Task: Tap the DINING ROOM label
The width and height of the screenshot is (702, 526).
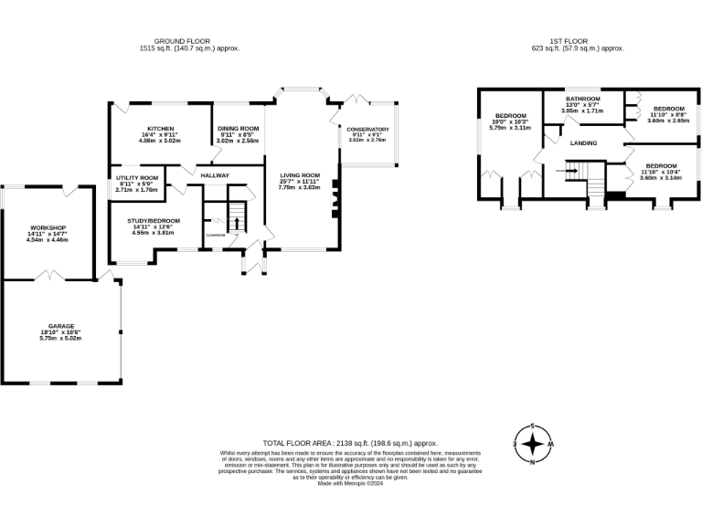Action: point(238,129)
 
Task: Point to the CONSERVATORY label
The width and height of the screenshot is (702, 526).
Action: point(367,130)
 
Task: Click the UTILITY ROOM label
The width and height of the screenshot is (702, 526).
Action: point(138,177)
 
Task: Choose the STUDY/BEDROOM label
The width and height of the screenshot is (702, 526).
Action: point(154,220)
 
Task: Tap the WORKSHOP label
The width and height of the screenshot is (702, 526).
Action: point(47,227)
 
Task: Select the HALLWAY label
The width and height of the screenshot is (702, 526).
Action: point(215,175)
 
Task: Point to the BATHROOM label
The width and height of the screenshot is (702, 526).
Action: point(582,98)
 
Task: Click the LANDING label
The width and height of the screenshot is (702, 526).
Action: point(584,143)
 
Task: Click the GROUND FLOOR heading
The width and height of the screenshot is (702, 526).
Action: point(182,41)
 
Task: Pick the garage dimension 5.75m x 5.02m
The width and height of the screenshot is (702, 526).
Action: point(60,339)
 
